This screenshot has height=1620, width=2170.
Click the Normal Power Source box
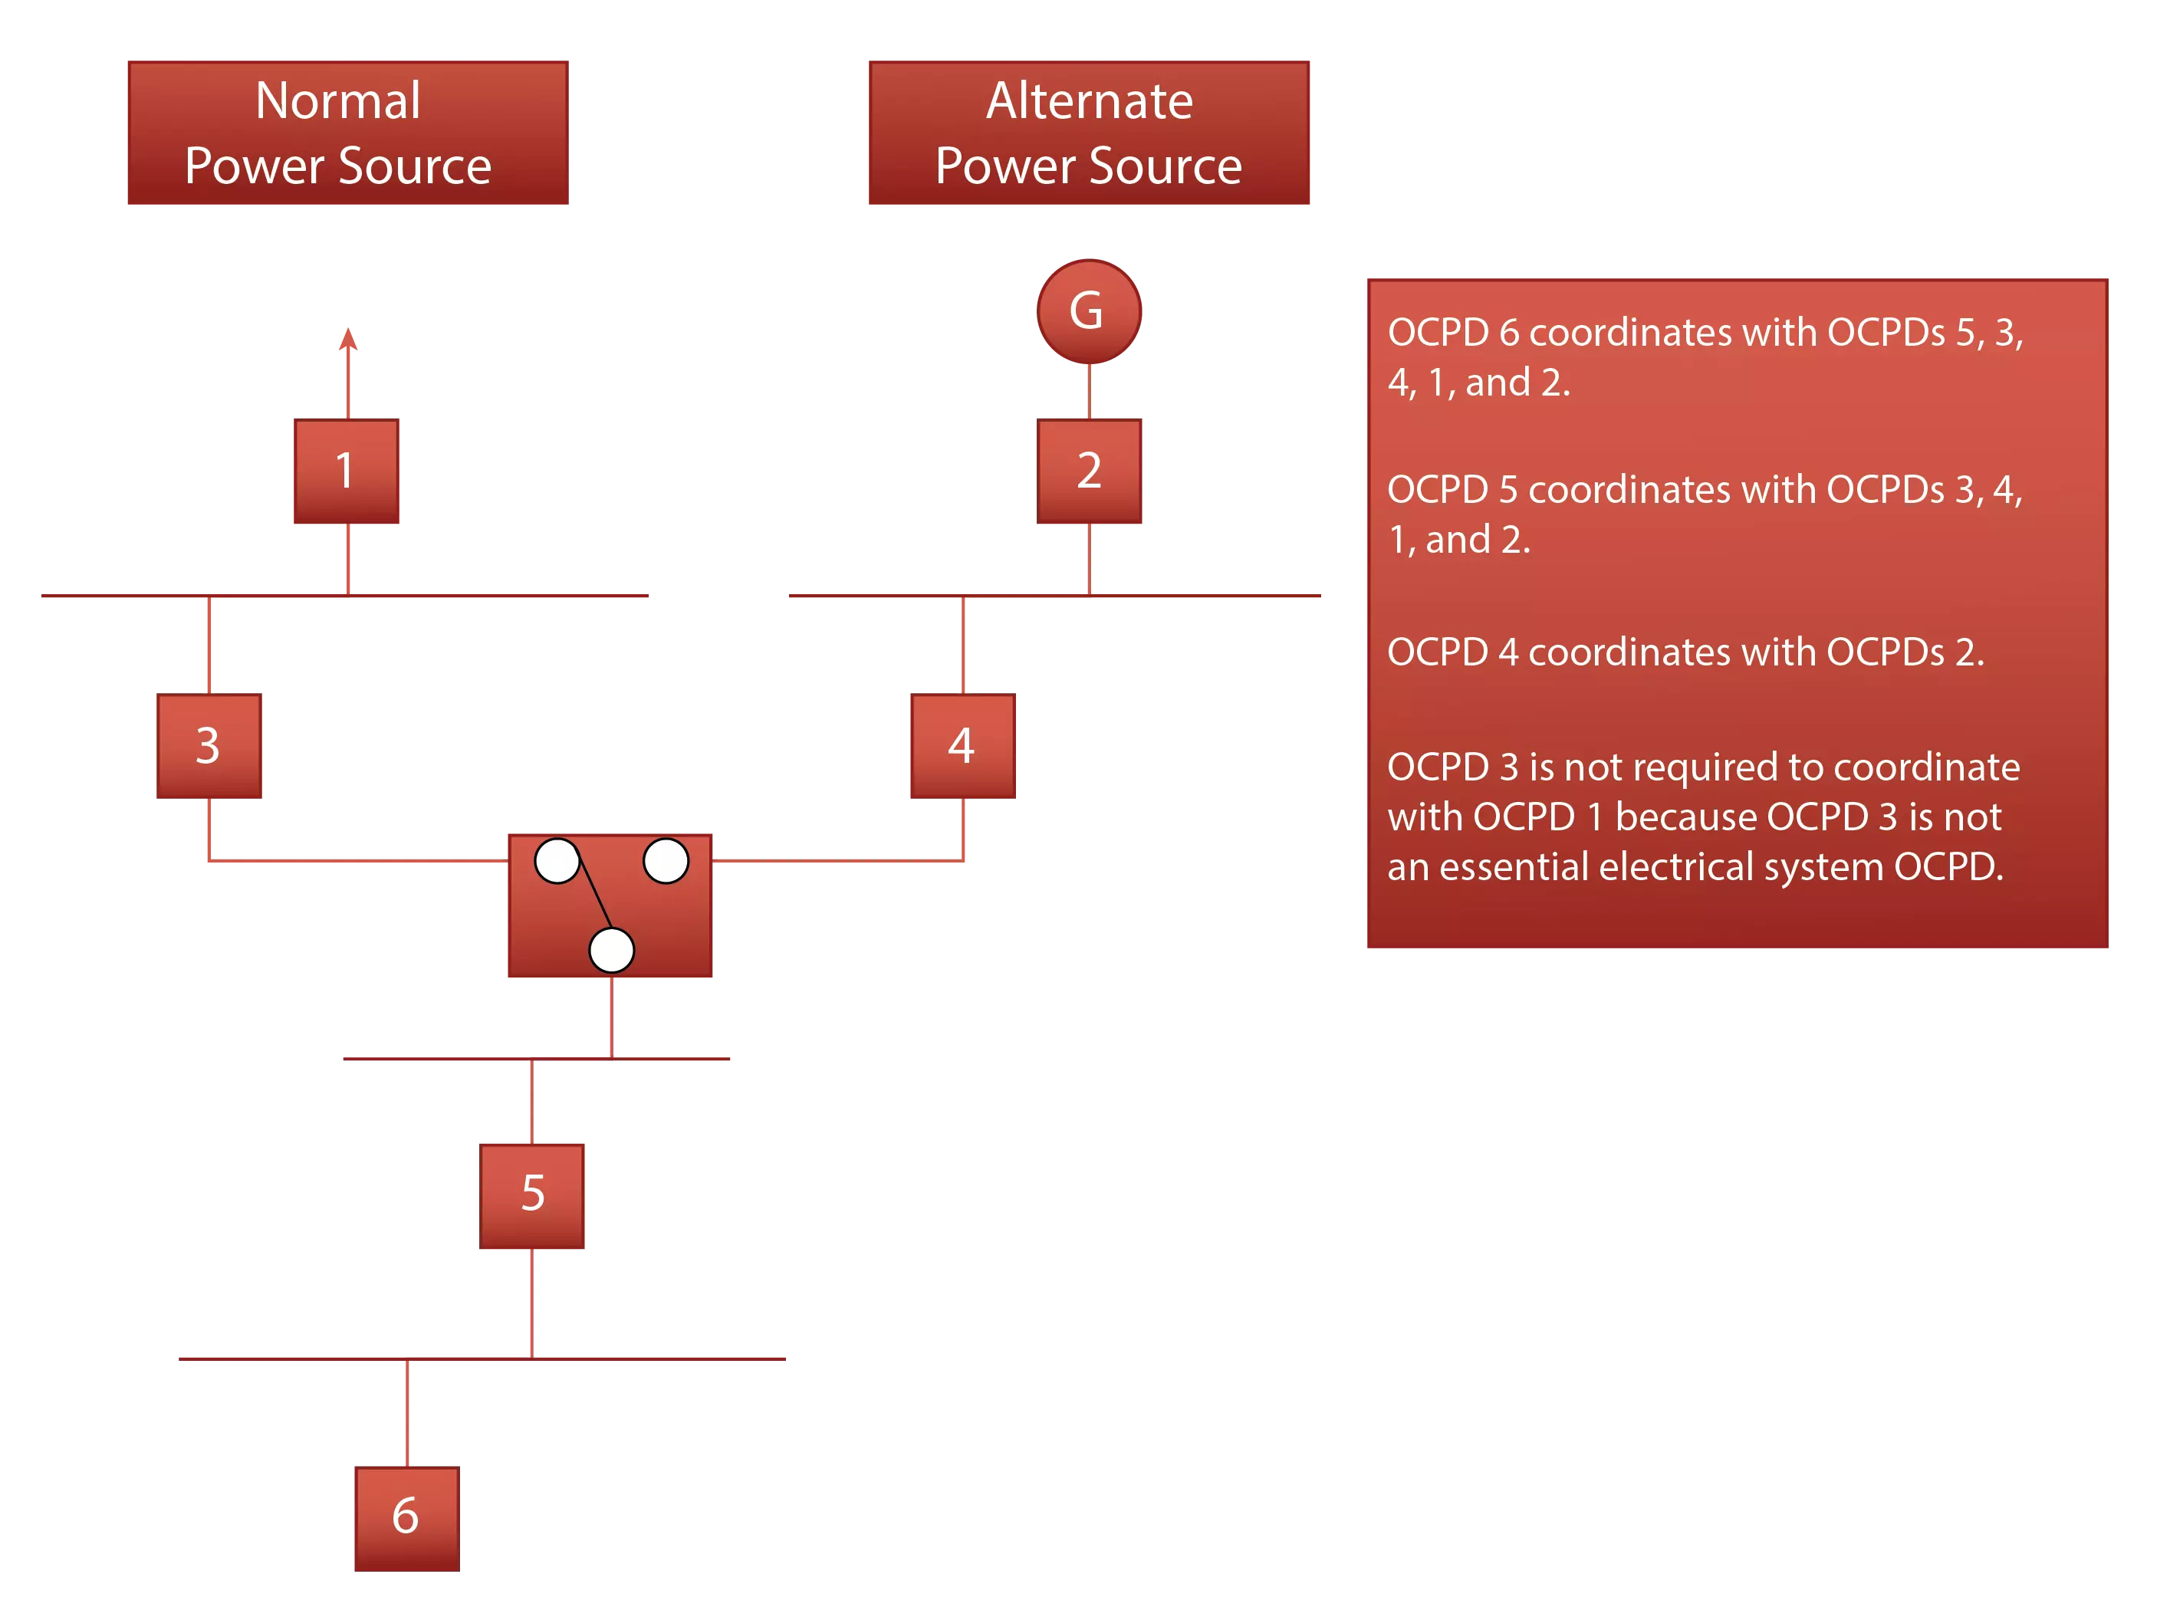pos(345,131)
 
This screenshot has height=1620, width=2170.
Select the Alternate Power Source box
pos(1087,131)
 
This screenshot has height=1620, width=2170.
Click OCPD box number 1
pos(345,472)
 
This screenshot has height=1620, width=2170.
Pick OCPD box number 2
pos(1090,472)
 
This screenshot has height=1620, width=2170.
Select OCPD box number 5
pos(532,1194)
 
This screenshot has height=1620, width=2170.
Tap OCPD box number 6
pos(404,1519)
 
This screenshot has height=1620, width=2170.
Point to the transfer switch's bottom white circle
pos(611,949)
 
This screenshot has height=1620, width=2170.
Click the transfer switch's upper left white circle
pos(557,861)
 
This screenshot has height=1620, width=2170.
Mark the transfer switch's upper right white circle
pos(665,861)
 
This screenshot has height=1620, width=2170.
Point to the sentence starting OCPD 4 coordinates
pos(1685,652)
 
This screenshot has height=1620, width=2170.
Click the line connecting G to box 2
pos(1088,391)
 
